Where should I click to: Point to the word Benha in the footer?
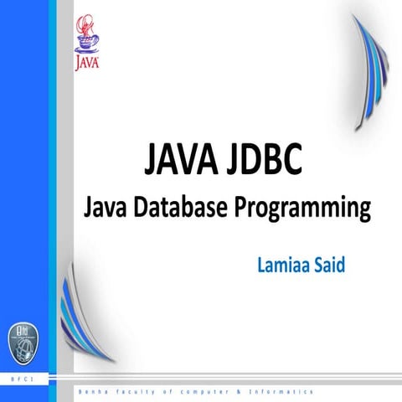coord(90,391)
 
